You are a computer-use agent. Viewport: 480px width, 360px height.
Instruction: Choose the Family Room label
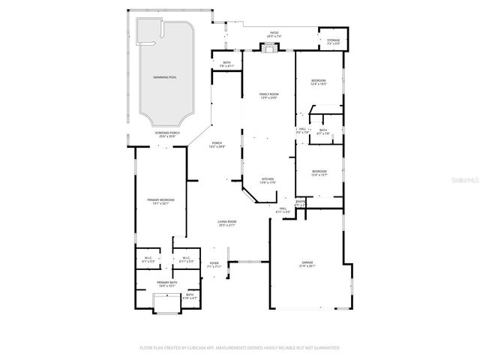[268, 95]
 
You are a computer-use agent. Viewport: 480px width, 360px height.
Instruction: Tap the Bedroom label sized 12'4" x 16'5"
[319, 81]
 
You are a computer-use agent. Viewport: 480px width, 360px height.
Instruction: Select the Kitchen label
[268, 181]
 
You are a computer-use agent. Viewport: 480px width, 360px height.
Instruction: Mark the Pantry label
[300, 202]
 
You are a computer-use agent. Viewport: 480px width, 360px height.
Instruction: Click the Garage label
[307, 263]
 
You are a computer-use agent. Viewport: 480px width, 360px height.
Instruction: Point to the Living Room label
[227, 223]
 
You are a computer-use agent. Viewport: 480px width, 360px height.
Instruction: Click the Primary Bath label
[166, 283]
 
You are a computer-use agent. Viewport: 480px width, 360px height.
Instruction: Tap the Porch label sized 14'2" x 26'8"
[217, 145]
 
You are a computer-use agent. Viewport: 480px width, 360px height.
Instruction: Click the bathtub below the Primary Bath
[166, 303]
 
